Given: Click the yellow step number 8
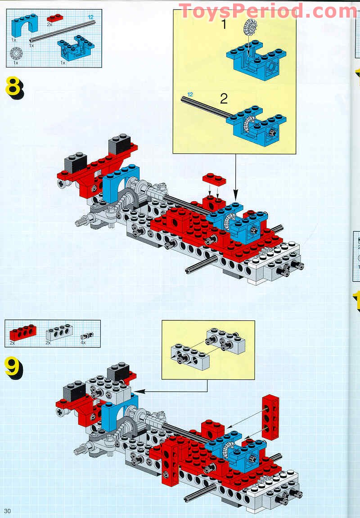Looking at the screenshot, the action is coord(14,87).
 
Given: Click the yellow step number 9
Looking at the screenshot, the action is coord(13,367).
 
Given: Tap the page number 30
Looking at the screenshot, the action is coord(7,511).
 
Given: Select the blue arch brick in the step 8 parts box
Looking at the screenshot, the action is coord(24,26).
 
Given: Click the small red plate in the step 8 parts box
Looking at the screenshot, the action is coord(54,18).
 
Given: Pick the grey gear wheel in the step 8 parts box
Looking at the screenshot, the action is coord(16,54).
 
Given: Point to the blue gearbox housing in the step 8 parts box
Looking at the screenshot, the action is coord(76,47).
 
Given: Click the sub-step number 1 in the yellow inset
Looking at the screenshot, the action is coord(224,24).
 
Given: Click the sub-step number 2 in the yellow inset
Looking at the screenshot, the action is coord(224,99).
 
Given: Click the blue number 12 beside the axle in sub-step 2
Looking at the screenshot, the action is coord(190,95).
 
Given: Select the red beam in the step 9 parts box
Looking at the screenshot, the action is coord(23,333).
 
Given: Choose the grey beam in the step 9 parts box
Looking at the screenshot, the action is coord(59,333).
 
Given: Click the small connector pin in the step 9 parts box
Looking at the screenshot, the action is coord(87,336).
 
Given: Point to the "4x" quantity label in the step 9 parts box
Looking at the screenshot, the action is coord(83,342).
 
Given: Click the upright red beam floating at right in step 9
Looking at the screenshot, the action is coord(271,417).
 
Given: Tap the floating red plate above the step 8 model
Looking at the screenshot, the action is coord(214,179).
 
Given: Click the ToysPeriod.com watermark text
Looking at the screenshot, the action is coord(268,11).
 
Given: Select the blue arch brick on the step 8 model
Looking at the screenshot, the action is coord(121,183).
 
